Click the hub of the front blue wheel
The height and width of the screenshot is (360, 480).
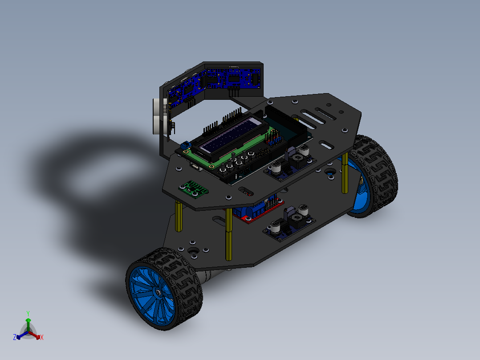[158, 292]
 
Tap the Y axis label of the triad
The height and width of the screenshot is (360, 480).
[28, 313]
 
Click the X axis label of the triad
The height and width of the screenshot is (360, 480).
[42, 337]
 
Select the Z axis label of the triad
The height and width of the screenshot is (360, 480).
[15, 337]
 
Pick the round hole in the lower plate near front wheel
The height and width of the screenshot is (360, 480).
[193, 252]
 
